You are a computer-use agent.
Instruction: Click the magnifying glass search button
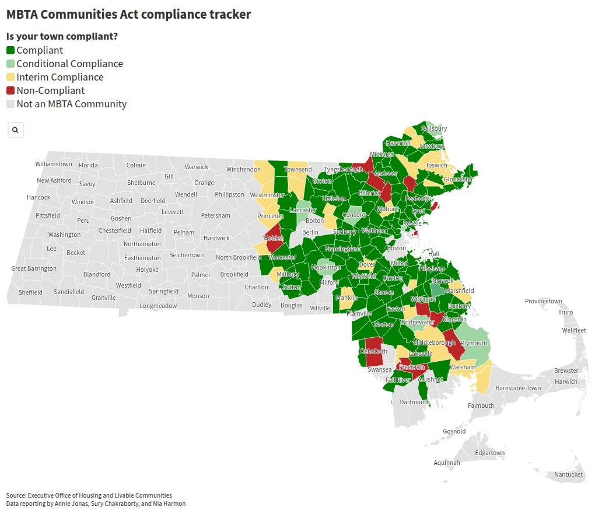click(x=15, y=130)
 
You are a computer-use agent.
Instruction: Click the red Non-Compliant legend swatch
click(x=10, y=90)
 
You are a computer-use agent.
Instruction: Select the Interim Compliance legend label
click(x=60, y=77)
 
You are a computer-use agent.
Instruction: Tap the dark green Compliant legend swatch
click(x=10, y=50)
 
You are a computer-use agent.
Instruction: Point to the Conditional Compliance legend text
click(x=69, y=64)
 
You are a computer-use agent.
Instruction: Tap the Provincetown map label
click(x=543, y=302)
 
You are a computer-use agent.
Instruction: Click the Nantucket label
click(x=568, y=474)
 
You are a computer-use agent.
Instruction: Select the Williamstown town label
click(x=54, y=165)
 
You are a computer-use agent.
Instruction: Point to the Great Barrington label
click(x=34, y=269)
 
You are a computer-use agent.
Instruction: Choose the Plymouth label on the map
click(x=473, y=344)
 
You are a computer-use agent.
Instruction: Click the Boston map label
click(x=396, y=249)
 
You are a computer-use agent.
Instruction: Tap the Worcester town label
click(x=282, y=258)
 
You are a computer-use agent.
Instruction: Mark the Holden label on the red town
click(x=273, y=238)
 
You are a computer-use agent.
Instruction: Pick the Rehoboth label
click(x=373, y=352)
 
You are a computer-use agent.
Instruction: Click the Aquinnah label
click(x=447, y=463)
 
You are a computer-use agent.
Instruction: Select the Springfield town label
click(x=163, y=292)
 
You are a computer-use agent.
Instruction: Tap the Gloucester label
click(x=458, y=180)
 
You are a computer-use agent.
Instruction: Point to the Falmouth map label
click(x=481, y=406)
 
